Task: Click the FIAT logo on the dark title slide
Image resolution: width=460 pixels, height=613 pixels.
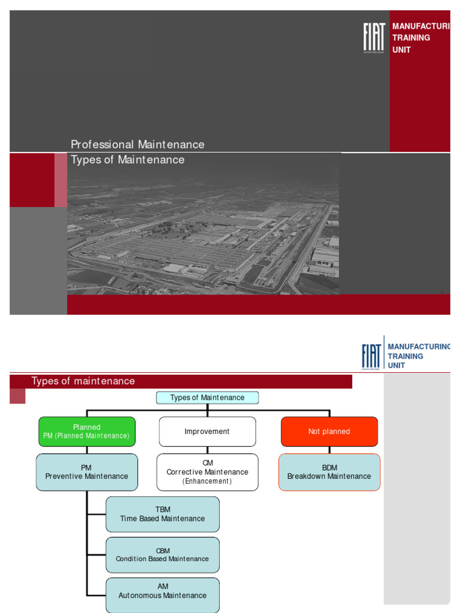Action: point(374,38)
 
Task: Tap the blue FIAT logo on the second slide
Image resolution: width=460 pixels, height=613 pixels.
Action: point(371,356)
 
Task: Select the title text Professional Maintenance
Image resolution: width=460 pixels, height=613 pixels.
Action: point(137,144)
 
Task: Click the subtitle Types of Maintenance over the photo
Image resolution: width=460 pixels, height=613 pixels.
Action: point(128,160)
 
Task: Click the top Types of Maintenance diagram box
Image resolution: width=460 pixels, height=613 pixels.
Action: point(207,397)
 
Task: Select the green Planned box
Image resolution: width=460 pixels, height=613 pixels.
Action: point(87,431)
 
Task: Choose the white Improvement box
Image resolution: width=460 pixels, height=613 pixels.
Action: point(207,431)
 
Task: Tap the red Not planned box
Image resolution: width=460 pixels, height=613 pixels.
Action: point(329,431)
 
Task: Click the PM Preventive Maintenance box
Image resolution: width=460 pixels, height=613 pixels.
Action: point(87,472)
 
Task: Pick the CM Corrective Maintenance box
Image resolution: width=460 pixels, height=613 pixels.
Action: point(207,472)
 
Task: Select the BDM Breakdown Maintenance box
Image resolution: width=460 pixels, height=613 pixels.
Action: point(329,472)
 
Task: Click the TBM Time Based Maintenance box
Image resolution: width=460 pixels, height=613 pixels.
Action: point(162,514)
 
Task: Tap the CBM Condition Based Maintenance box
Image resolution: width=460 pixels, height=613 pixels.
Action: point(162,554)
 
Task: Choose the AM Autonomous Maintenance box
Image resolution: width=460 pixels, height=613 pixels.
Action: point(162,594)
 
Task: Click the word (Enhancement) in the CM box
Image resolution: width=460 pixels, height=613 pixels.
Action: point(207,481)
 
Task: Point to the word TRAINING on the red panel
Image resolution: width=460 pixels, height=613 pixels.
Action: point(411,38)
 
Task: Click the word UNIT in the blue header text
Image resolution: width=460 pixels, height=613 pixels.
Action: point(397,365)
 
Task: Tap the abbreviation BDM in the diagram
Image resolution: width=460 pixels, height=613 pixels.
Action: point(329,468)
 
